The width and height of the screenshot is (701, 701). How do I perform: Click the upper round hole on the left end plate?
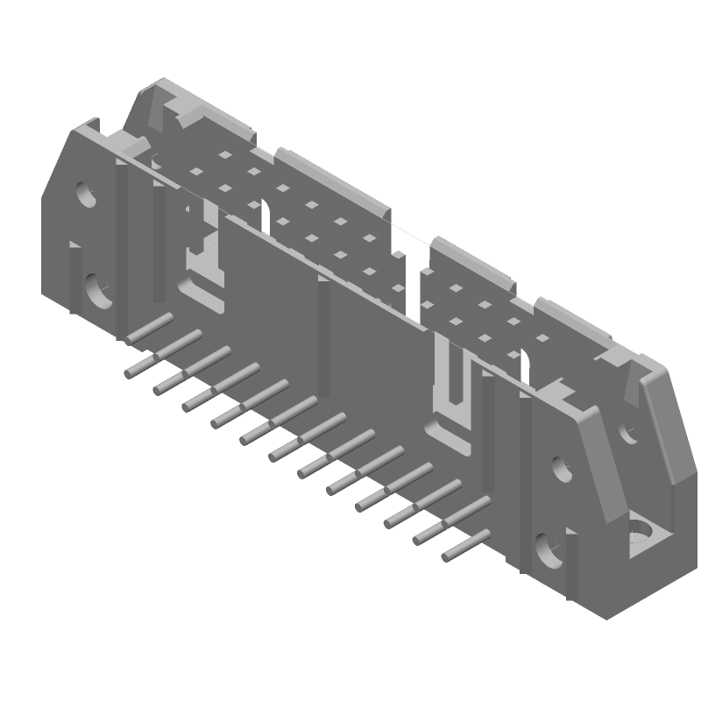pos(86,194)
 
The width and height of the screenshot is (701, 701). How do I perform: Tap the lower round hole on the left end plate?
pos(97,291)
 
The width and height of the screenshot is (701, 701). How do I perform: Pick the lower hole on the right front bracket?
pos(547,550)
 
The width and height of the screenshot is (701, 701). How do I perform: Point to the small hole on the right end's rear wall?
pos(628,432)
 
